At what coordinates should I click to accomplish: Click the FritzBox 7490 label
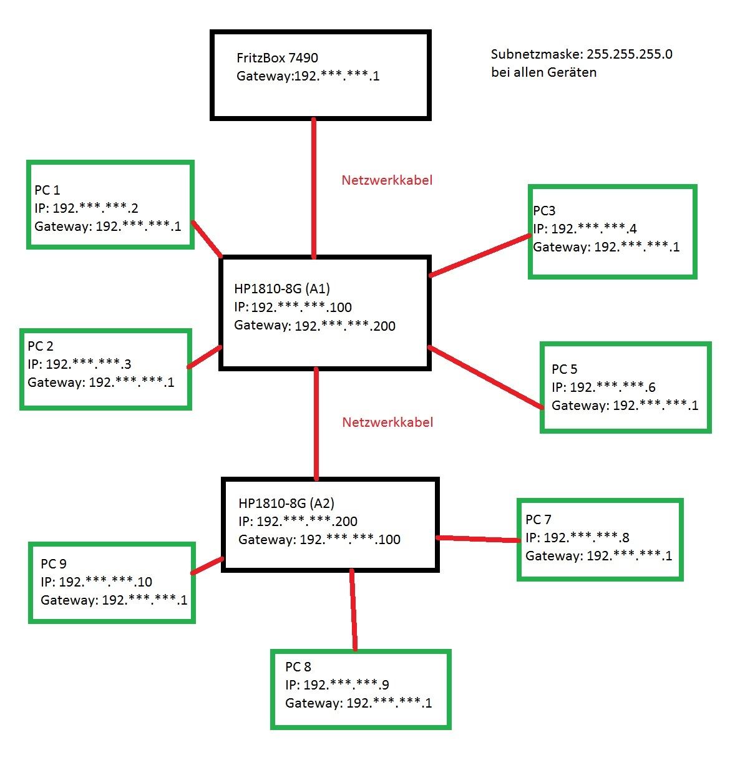point(277,58)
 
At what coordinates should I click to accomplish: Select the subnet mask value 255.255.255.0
point(630,54)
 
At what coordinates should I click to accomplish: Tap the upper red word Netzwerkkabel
point(387,180)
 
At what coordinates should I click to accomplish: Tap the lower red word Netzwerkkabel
point(387,422)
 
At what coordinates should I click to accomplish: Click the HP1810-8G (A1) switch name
point(282,288)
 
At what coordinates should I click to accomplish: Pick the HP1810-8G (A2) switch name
point(286,503)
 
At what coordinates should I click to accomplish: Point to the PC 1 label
point(47,190)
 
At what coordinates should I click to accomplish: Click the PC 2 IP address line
point(79,364)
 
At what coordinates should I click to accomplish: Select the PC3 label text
point(544,211)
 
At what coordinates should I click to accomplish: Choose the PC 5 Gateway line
point(625,406)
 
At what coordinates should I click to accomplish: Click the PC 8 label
point(298,667)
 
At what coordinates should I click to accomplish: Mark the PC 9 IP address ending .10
point(97,582)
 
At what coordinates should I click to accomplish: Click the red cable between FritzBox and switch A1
point(314,187)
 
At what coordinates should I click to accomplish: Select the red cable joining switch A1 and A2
point(316,424)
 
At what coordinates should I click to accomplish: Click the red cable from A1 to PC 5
point(485,378)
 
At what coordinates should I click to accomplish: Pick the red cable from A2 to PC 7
point(477,538)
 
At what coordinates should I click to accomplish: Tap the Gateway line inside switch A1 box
point(314,326)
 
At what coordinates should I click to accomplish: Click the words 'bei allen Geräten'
point(543,72)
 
